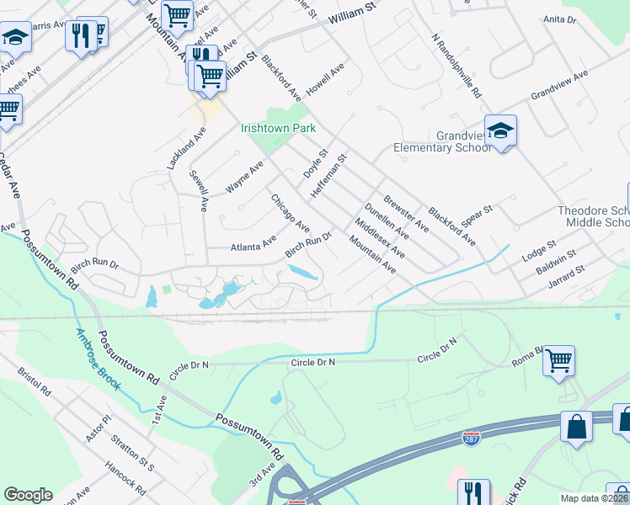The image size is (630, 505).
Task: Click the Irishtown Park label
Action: click(x=278, y=129)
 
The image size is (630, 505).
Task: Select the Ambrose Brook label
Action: click(x=99, y=359)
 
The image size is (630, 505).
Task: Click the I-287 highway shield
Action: click(x=472, y=439)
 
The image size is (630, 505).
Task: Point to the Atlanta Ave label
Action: click(x=254, y=245)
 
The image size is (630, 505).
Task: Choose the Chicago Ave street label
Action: click(x=290, y=215)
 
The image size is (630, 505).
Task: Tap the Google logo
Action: click(x=28, y=495)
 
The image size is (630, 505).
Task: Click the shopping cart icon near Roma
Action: click(x=558, y=361)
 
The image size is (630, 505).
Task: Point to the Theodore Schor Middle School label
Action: click(x=594, y=216)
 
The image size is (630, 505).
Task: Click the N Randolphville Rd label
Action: click(x=456, y=65)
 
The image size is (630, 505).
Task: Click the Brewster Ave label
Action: click(x=406, y=214)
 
